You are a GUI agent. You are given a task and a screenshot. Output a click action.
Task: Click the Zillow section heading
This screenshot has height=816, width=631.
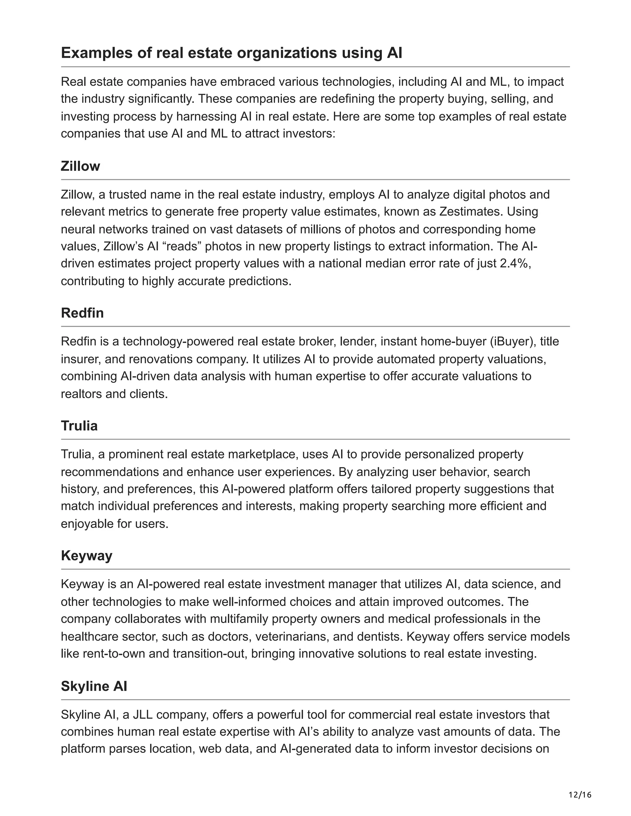tap(80, 166)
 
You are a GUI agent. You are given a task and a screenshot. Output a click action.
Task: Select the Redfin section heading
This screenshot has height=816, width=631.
tap(82, 313)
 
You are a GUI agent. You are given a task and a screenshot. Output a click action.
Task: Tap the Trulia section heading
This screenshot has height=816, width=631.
tap(79, 426)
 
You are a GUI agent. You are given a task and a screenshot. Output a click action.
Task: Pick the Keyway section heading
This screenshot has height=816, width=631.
tap(86, 555)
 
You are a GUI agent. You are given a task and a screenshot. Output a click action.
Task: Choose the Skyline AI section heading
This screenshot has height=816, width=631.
tap(94, 686)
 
